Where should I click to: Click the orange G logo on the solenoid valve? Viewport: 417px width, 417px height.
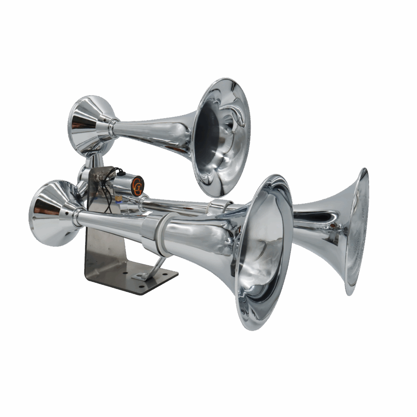[137, 186]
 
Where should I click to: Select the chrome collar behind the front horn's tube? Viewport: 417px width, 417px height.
[77, 217]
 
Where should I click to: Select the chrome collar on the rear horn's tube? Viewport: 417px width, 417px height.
[219, 206]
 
